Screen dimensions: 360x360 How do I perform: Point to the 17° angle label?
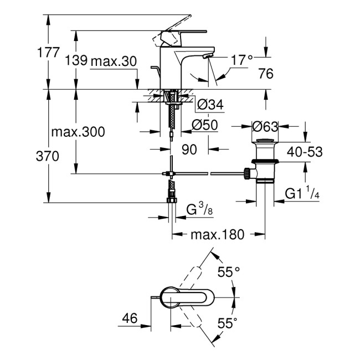coord(241,59)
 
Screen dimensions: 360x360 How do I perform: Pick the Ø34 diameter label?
coord(210,105)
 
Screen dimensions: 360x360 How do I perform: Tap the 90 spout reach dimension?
coord(189,148)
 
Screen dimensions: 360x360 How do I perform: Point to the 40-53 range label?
coord(304,151)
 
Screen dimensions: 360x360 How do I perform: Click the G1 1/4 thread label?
coord(302,193)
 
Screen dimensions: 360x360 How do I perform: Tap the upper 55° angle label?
coord(228,271)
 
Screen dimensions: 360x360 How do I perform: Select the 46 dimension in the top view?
coord(130,318)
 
